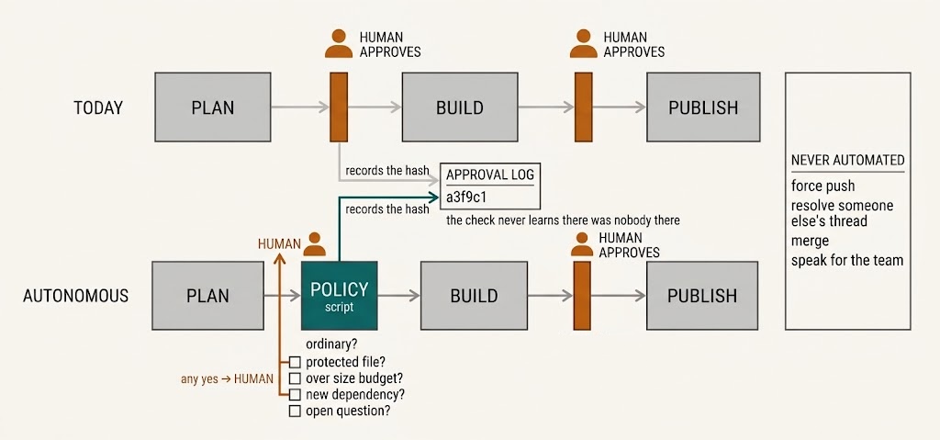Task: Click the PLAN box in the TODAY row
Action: [x=213, y=107]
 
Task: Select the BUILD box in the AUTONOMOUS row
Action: [x=474, y=296]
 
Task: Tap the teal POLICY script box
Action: [x=340, y=296]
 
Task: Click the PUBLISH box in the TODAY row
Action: [x=703, y=107]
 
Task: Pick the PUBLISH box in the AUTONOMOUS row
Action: [x=703, y=296]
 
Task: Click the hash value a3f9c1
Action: [x=465, y=197]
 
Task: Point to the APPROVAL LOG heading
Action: [x=490, y=175]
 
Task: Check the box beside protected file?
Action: [x=295, y=362]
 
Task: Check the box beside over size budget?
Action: [x=295, y=378]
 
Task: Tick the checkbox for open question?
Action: [x=295, y=412]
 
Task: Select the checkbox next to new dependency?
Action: [x=295, y=395]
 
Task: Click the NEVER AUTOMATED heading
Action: [x=847, y=160]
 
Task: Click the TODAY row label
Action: [x=98, y=108]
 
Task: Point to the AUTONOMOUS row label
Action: [x=75, y=296]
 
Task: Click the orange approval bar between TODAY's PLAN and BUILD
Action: [x=339, y=107]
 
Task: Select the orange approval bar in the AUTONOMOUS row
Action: [x=581, y=296]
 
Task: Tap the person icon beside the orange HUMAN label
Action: [x=315, y=244]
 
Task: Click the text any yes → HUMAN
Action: [x=228, y=379]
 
